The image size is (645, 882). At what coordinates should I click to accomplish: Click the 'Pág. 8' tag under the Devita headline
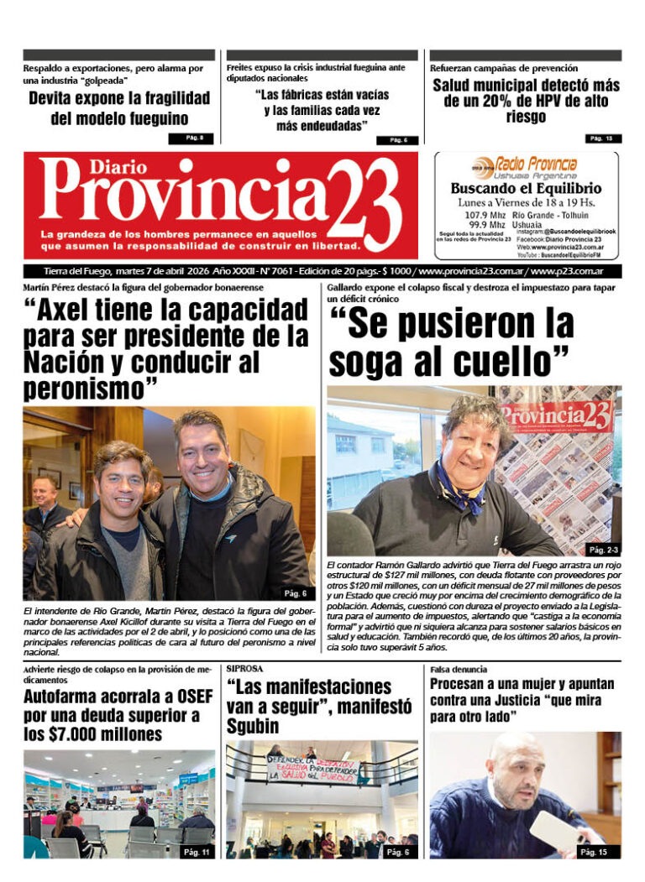[x=195, y=138]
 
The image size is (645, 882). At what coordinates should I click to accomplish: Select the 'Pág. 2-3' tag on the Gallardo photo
[x=603, y=550]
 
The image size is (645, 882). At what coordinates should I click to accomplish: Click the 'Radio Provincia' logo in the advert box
[x=535, y=164]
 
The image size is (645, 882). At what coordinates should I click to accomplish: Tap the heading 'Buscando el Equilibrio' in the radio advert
[x=526, y=188]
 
